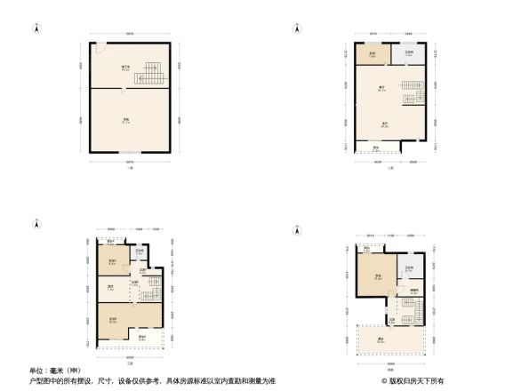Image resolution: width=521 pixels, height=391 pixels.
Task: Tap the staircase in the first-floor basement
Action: pyautogui.click(x=145, y=72)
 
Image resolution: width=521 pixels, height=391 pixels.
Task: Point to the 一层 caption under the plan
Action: pyautogui.click(x=130, y=180)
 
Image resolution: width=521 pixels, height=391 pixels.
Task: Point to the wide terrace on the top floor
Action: pyautogui.click(x=392, y=339)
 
